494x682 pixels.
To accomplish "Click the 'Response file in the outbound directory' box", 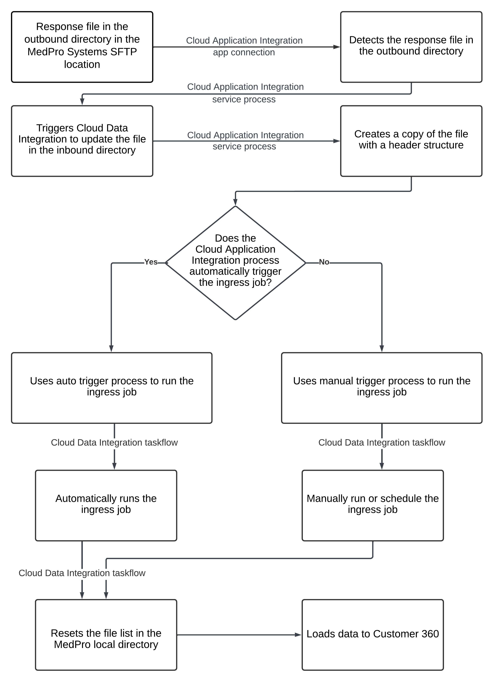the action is pyautogui.click(x=82, y=47).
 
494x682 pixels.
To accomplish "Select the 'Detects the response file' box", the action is pyautogui.click(x=411, y=47).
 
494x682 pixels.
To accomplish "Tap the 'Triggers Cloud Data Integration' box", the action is pyautogui.click(x=82, y=141).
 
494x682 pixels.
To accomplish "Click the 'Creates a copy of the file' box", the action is pyautogui.click(x=411, y=141).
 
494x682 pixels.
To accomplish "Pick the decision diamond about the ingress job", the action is pyautogui.click(x=236, y=263).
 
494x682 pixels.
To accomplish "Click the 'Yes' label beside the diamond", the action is pyautogui.click(x=151, y=262).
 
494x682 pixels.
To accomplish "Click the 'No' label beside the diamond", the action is pyautogui.click(x=324, y=262).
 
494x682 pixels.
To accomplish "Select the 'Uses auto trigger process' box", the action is pyautogui.click(x=112, y=388).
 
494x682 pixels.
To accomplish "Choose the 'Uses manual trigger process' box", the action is pyautogui.click(x=382, y=388).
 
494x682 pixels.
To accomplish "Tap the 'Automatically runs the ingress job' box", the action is pyautogui.click(x=106, y=505).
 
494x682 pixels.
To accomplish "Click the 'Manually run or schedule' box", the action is pyautogui.click(x=373, y=505).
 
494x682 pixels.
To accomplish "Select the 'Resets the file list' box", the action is pyautogui.click(x=106, y=635).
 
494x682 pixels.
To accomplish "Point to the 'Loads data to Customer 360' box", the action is pyautogui.click(x=373, y=635).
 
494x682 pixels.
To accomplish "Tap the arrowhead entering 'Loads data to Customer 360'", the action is pyautogui.click(x=298, y=635).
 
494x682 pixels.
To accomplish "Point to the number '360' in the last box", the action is pyautogui.click(x=430, y=634).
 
